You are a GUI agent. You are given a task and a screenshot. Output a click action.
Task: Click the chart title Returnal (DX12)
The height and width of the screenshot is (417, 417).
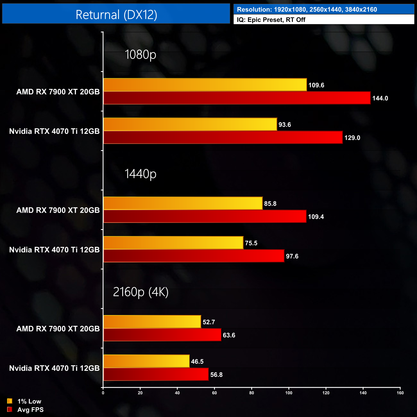click(116, 15)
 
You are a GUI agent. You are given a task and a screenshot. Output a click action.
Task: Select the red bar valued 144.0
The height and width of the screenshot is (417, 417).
click(237, 98)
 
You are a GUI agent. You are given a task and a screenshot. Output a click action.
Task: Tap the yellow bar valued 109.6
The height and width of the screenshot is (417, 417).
click(205, 85)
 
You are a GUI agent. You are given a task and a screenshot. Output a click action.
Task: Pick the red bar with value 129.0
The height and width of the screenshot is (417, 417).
click(223, 137)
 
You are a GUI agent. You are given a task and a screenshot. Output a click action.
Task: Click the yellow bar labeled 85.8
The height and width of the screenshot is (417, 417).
click(183, 203)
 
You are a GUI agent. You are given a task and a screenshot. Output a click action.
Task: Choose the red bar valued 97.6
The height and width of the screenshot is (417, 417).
click(194, 256)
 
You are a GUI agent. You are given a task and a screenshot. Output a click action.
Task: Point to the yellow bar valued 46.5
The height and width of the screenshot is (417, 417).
click(146, 361)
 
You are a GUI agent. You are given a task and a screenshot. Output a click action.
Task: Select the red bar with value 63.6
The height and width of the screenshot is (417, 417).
click(162, 335)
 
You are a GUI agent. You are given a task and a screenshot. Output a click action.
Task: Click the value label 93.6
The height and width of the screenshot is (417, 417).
click(285, 124)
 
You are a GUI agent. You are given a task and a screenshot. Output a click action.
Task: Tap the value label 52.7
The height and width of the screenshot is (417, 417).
click(209, 322)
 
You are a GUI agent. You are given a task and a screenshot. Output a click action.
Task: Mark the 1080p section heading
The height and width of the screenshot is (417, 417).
click(140, 55)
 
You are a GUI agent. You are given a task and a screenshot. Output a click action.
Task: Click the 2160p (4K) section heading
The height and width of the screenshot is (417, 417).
click(140, 292)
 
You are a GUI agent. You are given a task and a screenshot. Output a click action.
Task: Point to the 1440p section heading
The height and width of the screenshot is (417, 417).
click(140, 174)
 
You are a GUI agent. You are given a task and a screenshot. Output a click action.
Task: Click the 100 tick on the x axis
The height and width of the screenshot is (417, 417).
click(289, 393)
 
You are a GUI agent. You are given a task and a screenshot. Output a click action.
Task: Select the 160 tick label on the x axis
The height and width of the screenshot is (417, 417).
click(400, 393)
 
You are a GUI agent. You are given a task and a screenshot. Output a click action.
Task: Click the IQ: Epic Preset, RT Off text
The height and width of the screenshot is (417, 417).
click(271, 20)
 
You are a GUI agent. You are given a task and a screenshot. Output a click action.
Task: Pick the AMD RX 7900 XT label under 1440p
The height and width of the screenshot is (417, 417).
click(58, 210)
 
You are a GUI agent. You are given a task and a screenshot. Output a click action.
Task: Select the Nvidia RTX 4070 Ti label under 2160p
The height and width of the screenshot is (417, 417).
click(54, 368)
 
